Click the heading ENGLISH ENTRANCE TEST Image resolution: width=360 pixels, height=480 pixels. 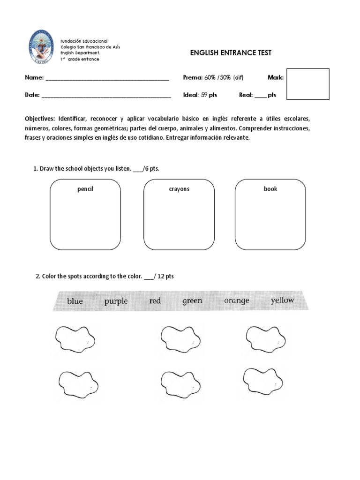pos(231,53)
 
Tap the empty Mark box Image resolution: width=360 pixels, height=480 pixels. pos(307,84)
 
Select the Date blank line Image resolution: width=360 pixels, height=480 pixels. pos(106,95)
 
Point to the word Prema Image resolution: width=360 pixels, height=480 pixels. pos(192,77)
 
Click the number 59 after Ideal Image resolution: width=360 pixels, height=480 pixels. pos(204,95)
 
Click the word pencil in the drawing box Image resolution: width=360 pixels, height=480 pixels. pos(85,189)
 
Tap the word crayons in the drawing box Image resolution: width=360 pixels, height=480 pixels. pos(179,189)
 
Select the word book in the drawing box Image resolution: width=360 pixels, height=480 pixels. pos(270,189)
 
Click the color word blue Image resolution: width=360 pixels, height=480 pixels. pos(75,301)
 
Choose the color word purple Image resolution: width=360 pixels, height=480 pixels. pos(116,301)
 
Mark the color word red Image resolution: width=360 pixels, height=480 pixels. pos(155,301)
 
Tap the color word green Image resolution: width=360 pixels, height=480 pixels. pos(192,301)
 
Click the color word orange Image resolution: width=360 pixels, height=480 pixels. pos(236,300)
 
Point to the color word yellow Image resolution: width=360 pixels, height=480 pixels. pos(282,300)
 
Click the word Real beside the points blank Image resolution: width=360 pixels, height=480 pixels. pos(246,95)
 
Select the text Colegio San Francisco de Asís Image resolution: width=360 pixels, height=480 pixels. pos(90,47)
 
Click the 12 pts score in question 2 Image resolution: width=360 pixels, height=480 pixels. pos(166,277)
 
